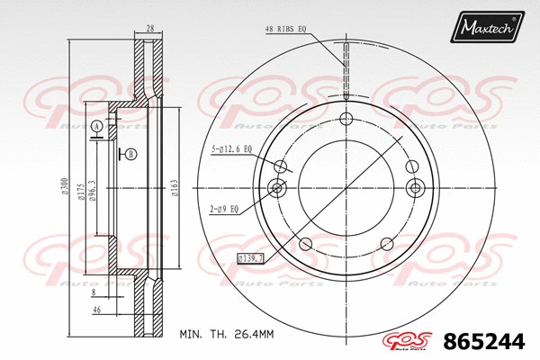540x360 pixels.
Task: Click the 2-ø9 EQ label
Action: tap(223, 210)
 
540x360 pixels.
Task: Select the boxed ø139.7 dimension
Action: tap(252, 258)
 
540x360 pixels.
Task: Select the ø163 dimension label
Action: tap(173, 187)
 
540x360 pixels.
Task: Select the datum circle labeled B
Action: tap(131, 154)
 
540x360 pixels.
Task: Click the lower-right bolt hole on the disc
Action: tap(387, 243)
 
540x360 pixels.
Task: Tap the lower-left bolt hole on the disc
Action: tap(305, 243)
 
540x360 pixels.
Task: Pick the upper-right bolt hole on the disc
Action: tap(412, 165)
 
